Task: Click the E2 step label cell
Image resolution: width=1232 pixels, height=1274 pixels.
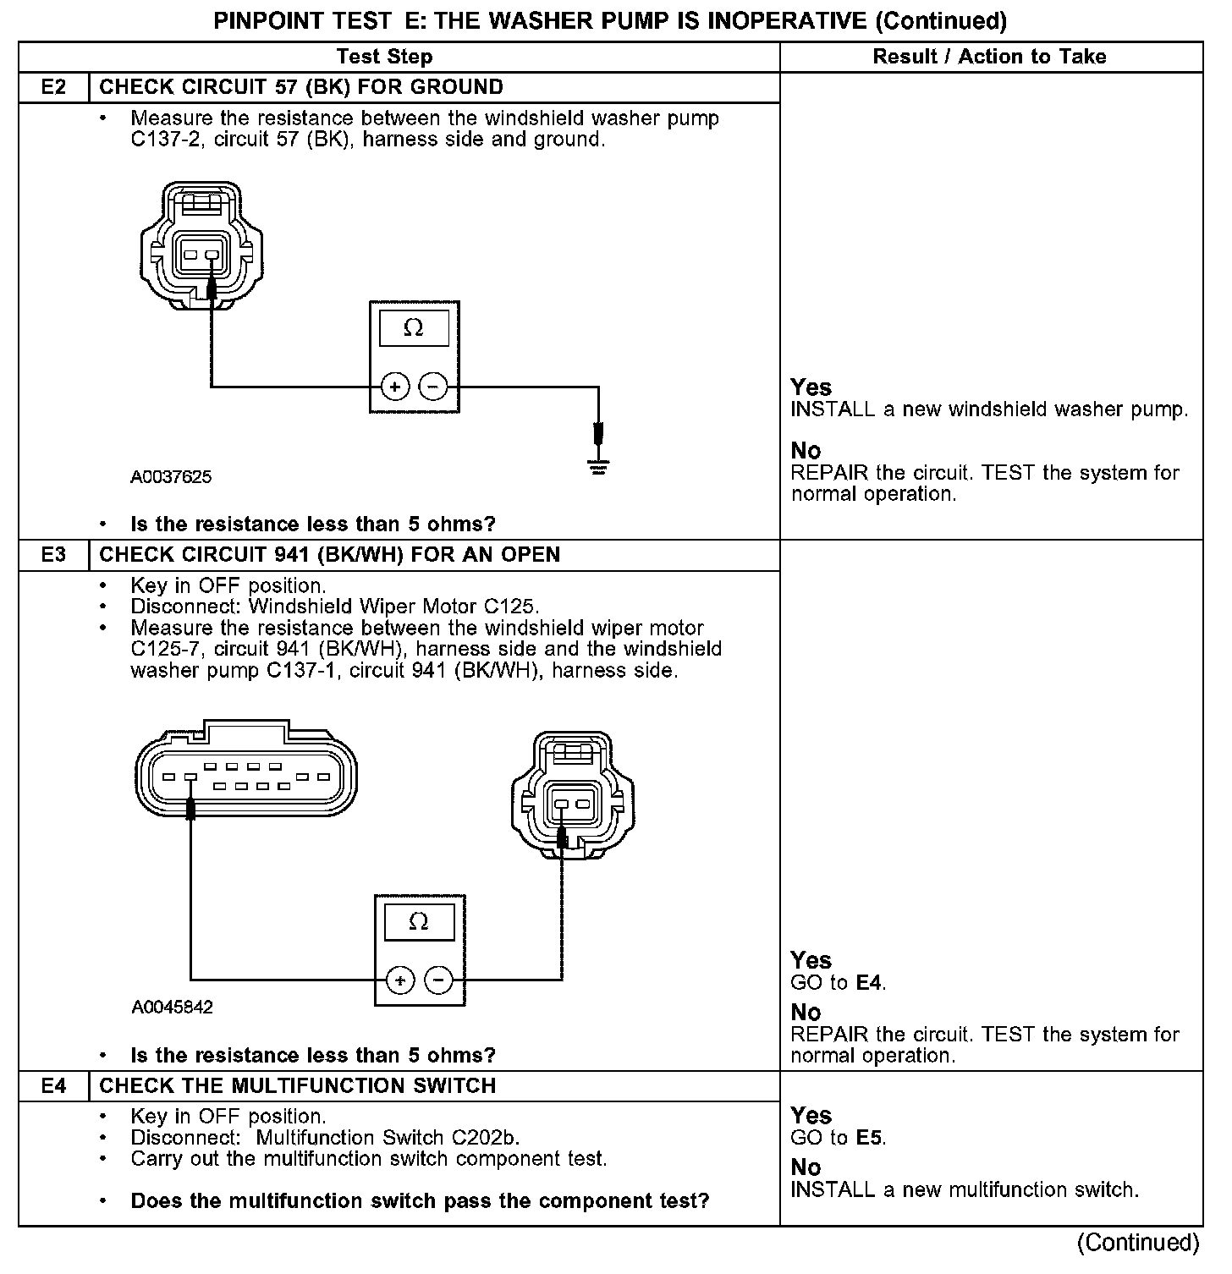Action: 53,87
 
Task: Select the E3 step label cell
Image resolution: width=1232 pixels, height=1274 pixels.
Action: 53,555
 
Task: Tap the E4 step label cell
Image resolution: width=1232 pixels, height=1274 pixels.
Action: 53,1085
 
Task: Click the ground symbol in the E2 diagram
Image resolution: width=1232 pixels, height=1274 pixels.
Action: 598,466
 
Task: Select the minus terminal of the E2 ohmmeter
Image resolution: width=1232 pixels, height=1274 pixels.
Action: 432,387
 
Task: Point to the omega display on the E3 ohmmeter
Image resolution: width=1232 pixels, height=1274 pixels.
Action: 419,921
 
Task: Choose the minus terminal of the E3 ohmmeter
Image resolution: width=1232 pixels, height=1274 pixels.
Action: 438,981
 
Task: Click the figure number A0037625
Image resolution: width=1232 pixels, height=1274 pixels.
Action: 171,477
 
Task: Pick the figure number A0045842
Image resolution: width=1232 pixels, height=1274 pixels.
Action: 173,1008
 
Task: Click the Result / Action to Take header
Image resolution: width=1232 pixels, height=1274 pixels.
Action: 989,57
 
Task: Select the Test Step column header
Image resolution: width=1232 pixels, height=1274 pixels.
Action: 384,57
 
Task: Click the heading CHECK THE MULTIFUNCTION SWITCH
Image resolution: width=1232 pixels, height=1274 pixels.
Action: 298,1085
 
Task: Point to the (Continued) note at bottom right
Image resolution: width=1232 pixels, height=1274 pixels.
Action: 1138,1243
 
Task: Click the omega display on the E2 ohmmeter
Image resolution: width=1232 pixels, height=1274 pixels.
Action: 414,328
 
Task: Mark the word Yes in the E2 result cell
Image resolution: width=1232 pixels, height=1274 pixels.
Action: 811,387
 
